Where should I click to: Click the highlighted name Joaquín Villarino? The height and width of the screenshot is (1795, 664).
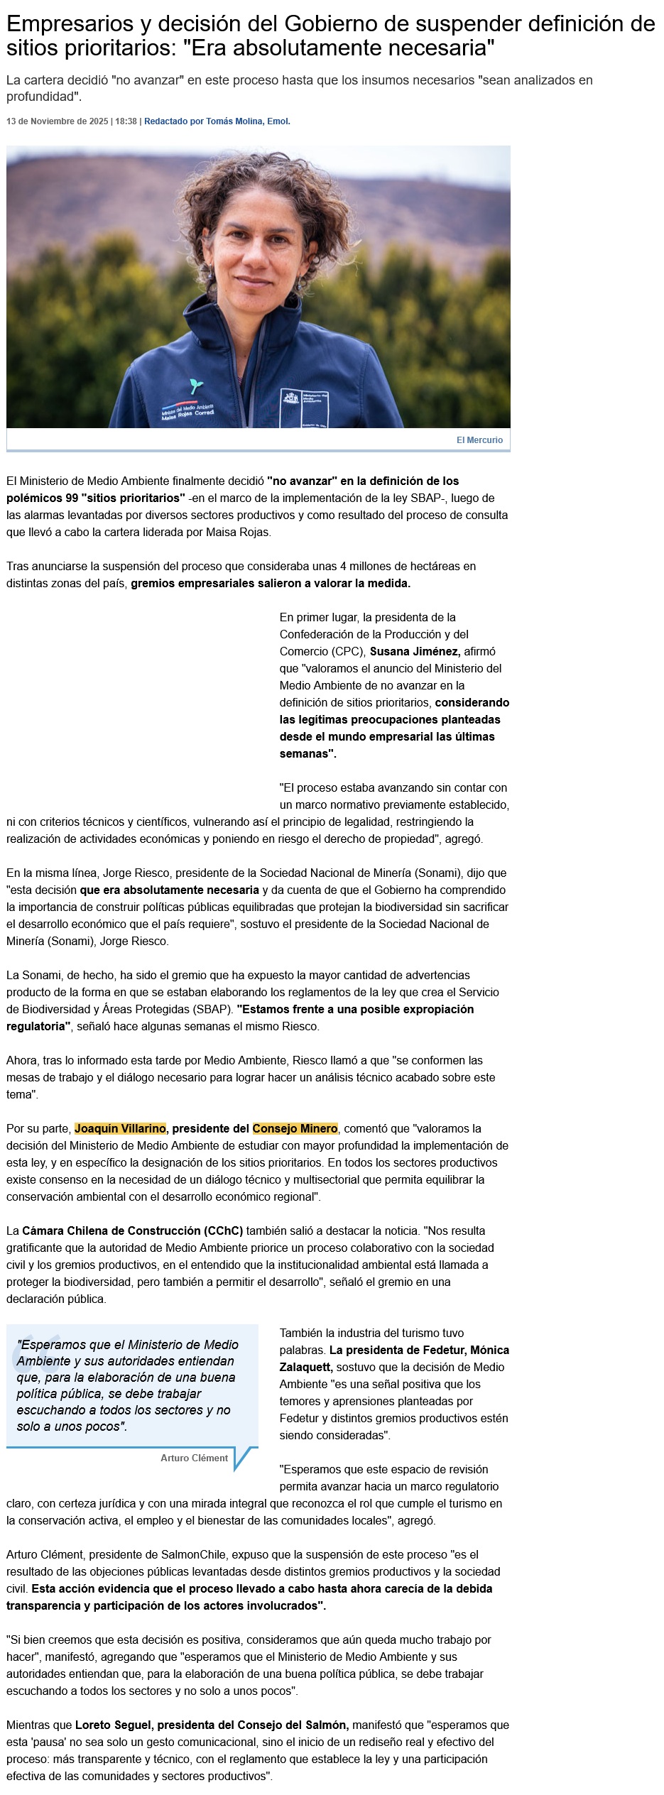pyautogui.click(x=120, y=1128)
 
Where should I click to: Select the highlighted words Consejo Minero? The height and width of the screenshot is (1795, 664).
pyautogui.click(x=295, y=1128)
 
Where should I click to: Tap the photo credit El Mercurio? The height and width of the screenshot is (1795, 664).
pyautogui.click(x=479, y=440)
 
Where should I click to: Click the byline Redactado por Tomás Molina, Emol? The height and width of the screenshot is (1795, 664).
pyautogui.click(x=217, y=121)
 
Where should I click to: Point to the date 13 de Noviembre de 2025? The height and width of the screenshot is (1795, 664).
pyautogui.click(x=57, y=121)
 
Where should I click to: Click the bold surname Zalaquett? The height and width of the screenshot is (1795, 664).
pyautogui.click(x=305, y=1367)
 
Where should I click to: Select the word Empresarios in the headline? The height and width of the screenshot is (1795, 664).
pyautogui.click(x=65, y=25)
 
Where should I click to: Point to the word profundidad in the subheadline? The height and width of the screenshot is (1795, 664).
pyautogui.click(x=40, y=96)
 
